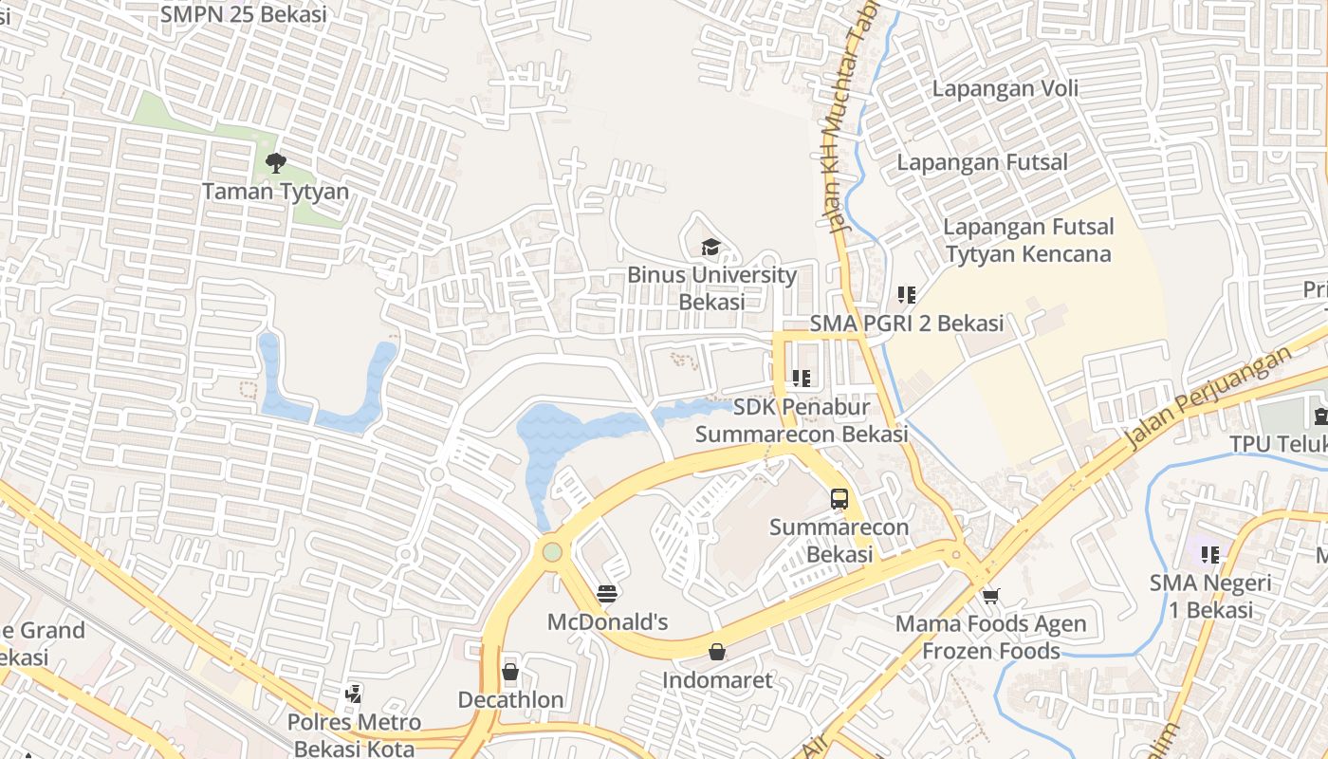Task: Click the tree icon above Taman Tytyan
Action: pos(276,163)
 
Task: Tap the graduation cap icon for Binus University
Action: pos(710,248)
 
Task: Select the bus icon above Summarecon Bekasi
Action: pos(839,499)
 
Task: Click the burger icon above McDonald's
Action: pos(607,595)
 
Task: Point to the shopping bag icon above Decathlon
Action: pos(510,673)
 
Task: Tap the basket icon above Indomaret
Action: pos(717,652)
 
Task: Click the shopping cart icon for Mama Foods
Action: pos(990,596)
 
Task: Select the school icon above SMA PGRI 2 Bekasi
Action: pos(906,295)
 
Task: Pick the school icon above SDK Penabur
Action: pos(801,379)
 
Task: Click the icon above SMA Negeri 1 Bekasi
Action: pos(1208,554)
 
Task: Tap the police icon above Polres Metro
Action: pos(353,694)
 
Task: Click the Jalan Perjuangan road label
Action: pos(1208,398)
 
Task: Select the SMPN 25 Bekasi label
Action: pos(243,14)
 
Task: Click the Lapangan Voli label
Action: pos(1005,88)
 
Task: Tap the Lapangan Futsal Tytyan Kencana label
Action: pos(1028,241)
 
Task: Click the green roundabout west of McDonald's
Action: pos(552,551)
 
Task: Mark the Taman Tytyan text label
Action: pos(276,192)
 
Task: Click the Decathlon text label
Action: pos(510,700)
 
